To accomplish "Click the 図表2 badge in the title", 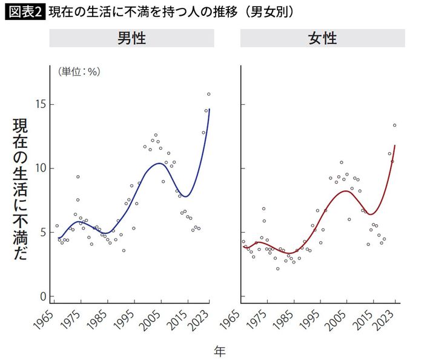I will (25, 12).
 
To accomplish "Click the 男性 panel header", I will (131, 38).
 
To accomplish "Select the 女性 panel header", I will (322, 38).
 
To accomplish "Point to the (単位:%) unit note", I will (79, 72).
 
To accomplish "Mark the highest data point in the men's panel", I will (208, 94).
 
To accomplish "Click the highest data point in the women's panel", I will (394, 125).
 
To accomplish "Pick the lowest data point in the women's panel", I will (278, 268).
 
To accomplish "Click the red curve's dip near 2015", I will (370, 215).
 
